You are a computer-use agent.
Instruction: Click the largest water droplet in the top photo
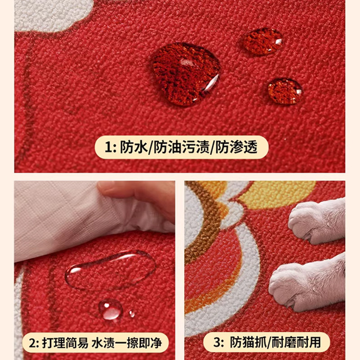pyautogui.click(x=185, y=74)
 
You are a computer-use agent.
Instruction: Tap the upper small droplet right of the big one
pyautogui.click(x=262, y=41)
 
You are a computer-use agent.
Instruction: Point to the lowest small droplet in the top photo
pyautogui.click(x=285, y=91)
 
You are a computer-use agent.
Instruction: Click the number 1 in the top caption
pyautogui.click(x=108, y=147)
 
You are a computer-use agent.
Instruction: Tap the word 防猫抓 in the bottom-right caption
pyautogui.click(x=247, y=342)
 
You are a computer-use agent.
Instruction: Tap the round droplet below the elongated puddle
pyautogui.click(x=111, y=309)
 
